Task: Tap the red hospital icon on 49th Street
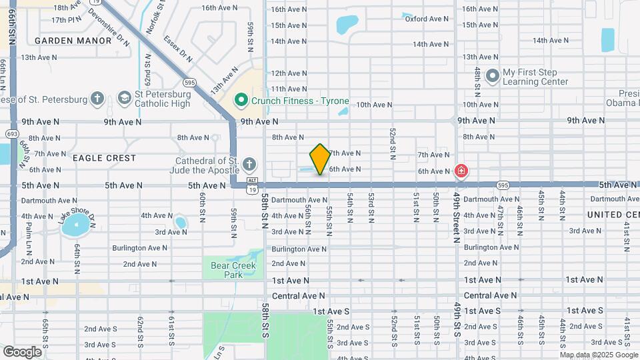pos(460,171)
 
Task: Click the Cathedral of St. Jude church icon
pos(249,164)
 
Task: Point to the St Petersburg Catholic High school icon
pos(124,99)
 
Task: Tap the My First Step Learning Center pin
pos(493,76)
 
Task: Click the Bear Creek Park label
pos(223,269)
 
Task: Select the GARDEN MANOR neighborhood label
pos(73,41)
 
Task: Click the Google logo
pos(22,351)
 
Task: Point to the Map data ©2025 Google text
pos(598,355)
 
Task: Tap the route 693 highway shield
pos(11,134)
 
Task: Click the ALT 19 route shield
pos(252,185)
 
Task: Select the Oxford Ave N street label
pos(427,19)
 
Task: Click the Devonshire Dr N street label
pos(109,27)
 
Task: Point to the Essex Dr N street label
pos(178,48)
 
